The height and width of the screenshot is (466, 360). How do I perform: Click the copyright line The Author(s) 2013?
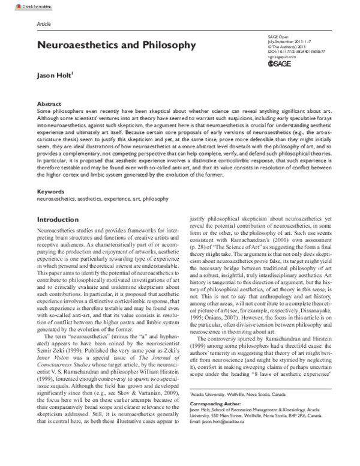pos(288,46)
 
